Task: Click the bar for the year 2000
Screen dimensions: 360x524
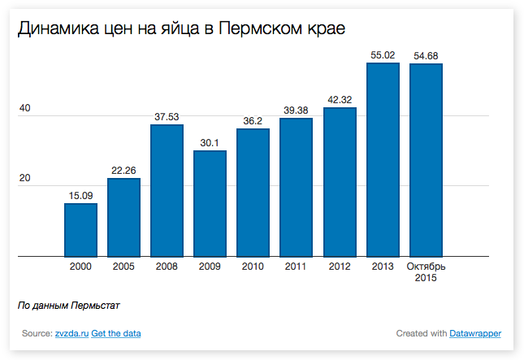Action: [80, 230]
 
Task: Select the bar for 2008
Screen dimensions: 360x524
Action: [167, 190]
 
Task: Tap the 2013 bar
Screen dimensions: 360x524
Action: [383, 159]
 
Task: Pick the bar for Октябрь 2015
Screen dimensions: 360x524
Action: [426, 160]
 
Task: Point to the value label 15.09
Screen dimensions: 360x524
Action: [80, 195]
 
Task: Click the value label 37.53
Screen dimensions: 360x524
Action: [167, 117]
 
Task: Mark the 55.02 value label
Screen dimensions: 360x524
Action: [383, 55]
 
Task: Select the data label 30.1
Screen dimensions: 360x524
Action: [210, 143]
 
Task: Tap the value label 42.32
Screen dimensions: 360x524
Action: [340, 100]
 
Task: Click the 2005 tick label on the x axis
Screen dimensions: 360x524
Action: [123, 267]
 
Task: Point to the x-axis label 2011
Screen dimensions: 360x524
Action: [297, 267]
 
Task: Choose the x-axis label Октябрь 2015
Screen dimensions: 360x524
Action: [426, 272]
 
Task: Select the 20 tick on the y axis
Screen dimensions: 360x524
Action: [24, 178]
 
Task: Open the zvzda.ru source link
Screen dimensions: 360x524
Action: [71, 333]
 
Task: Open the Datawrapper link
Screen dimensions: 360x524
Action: [475, 333]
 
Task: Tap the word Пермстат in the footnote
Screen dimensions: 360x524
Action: [95, 306]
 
